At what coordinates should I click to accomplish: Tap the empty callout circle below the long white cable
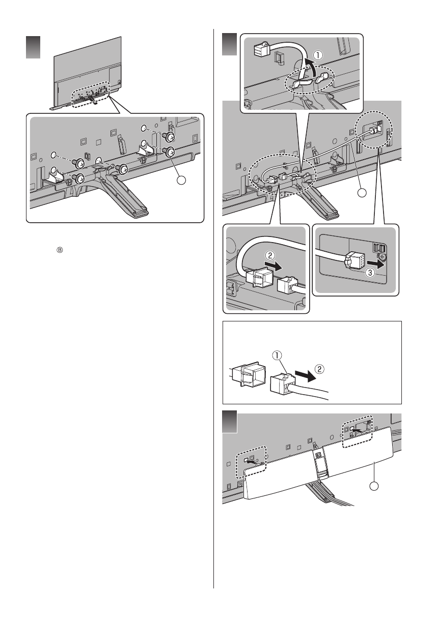click(x=361, y=193)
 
